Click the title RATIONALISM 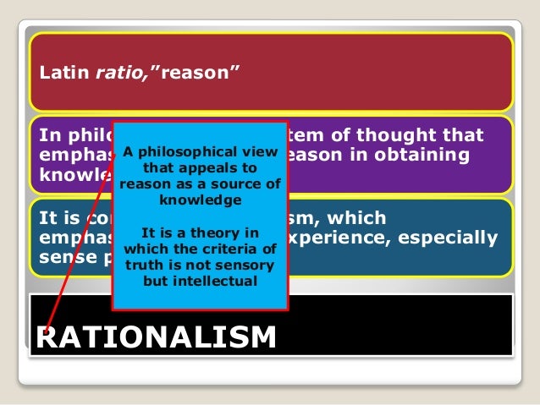[156, 336]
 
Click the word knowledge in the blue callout [200, 200]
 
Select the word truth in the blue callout [143, 265]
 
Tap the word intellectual [215, 280]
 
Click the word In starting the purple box [48, 135]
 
